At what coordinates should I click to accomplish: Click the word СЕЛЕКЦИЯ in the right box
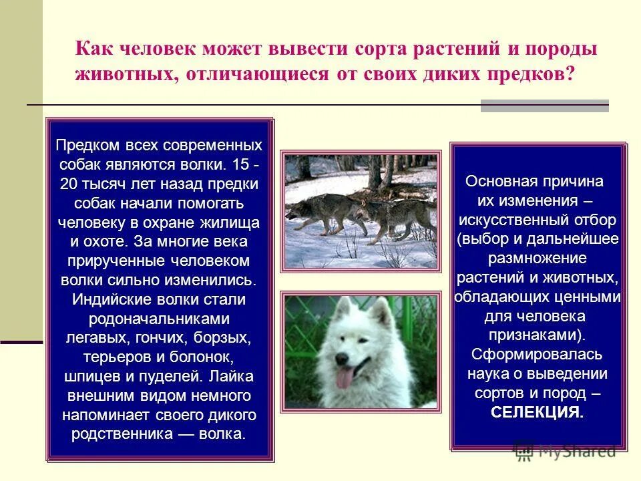(x=537, y=412)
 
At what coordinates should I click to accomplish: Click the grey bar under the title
(x=544, y=106)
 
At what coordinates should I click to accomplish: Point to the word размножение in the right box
(x=537, y=258)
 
